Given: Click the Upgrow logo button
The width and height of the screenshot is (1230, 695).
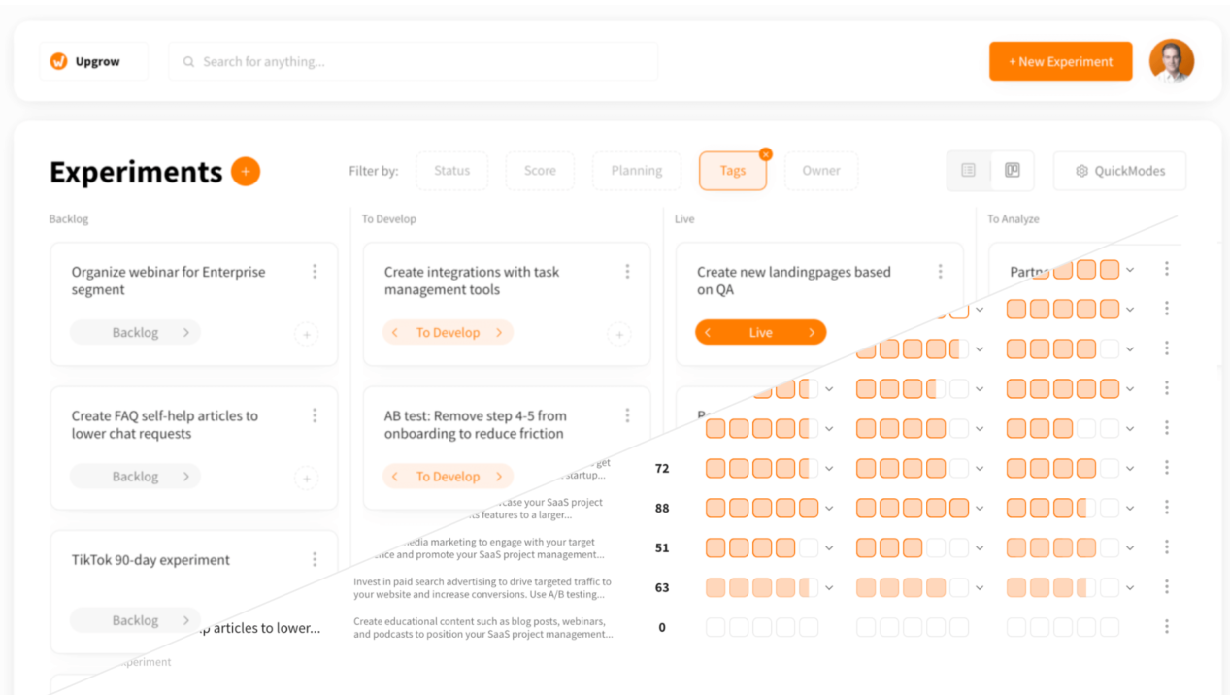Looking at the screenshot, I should (x=93, y=61).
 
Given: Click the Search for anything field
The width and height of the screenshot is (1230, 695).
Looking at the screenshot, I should (x=414, y=61).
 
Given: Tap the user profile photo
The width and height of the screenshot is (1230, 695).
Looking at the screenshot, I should (x=1171, y=61).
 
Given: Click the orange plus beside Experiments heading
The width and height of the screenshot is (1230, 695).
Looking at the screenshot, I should (x=246, y=172).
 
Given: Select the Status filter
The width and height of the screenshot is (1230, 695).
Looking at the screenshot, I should (x=451, y=171).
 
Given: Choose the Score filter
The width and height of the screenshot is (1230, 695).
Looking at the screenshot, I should (x=540, y=171).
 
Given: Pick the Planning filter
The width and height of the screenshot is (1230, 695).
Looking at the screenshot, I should (x=636, y=171).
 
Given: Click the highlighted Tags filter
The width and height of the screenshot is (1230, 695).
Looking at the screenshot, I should (x=732, y=171).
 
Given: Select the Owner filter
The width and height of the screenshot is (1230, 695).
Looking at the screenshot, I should (x=820, y=171).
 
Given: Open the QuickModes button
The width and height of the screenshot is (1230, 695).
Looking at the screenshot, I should (x=1119, y=171).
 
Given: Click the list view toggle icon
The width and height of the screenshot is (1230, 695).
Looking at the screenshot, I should (x=968, y=171).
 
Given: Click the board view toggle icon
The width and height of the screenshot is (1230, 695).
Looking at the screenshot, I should (x=1012, y=171).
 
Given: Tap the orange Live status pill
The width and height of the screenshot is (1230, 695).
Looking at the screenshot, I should (x=760, y=333).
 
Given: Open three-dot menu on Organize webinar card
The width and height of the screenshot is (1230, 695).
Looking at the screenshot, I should (x=315, y=272).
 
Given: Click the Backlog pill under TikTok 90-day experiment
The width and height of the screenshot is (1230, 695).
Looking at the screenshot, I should (x=135, y=620).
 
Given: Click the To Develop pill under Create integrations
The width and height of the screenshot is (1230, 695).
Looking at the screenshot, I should (x=448, y=333).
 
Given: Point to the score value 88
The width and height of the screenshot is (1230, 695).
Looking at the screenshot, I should (x=662, y=508).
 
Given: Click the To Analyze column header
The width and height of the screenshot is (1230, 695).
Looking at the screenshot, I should (x=1013, y=219).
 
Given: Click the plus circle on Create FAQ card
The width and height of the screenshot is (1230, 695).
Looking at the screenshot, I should (x=306, y=478).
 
